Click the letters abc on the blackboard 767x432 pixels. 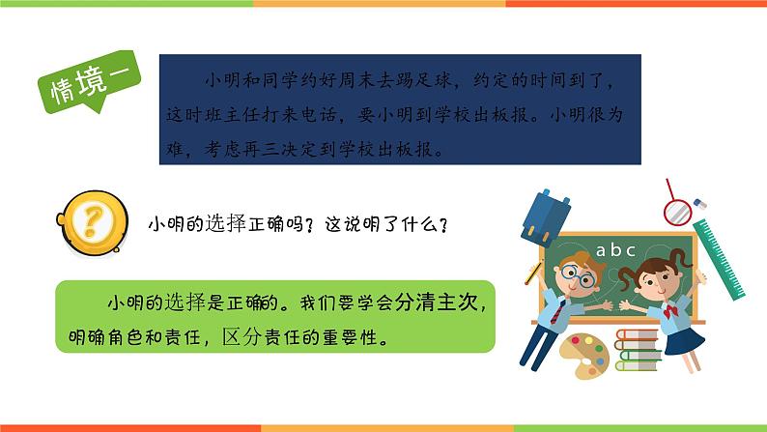[615, 250]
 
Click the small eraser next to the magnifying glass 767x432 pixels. [701, 205]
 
